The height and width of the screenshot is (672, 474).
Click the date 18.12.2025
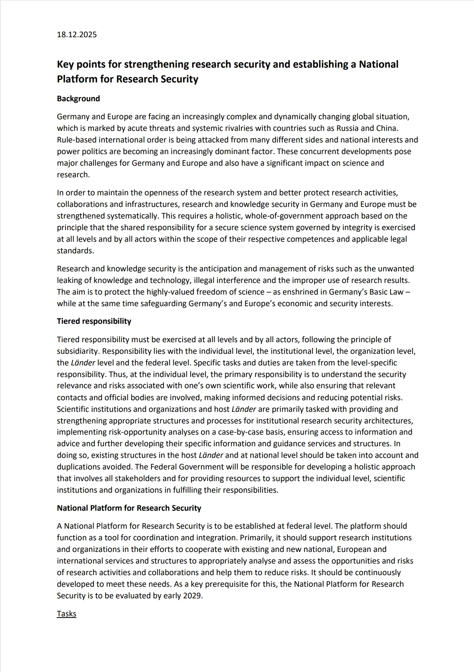click(x=77, y=34)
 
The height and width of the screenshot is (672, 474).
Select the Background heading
click(x=78, y=98)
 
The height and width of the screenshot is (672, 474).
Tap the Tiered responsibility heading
click(x=94, y=321)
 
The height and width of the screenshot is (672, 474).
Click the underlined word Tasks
click(x=66, y=614)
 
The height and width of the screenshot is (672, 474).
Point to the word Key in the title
click(x=66, y=64)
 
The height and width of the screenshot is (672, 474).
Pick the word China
click(x=386, y=128)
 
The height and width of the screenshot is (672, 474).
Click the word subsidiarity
click(x=77, y=351)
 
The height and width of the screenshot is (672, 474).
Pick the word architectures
click(x=386, y=421)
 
